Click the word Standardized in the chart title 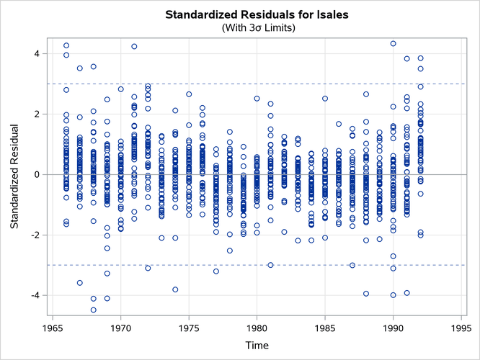coord(201,14)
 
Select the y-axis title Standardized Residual coord(15,174)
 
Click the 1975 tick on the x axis coord(189,327)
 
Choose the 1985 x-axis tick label coord(325,327)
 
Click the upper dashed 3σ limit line coord(288,84)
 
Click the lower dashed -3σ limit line coord(288,265)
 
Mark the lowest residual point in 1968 coord(94,310)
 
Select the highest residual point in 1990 coord(393,43)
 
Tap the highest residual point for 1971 coord(134,46)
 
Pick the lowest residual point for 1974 coord(175,289)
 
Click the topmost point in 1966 coord(66,45)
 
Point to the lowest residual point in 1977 coord(215,271)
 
